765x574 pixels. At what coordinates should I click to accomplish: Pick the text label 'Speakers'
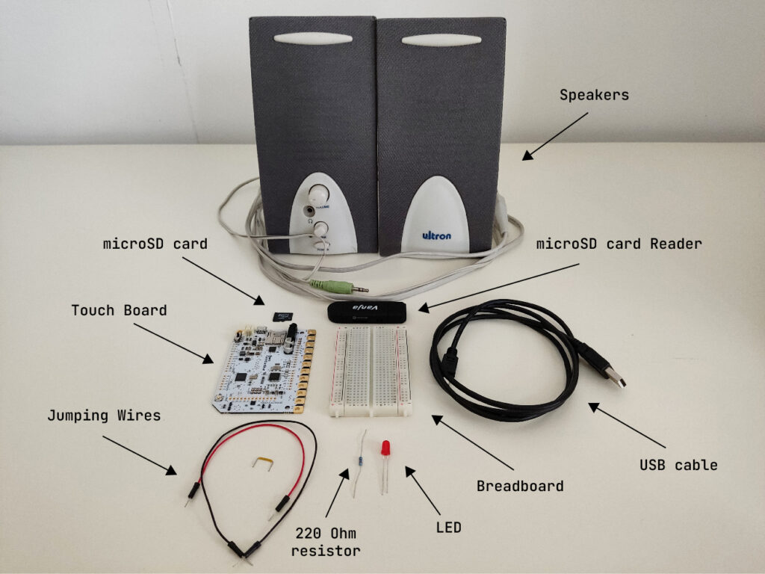pyautogui.click(x=594, y=96)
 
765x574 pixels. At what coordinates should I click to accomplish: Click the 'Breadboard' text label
pyautogui.click(x=519, y=486)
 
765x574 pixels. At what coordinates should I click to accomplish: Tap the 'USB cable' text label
pyautogui.click(x=678, y=465)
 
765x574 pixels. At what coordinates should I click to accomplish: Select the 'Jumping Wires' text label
pyautogui.click(x=104, y=415)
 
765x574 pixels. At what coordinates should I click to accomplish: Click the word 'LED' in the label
pyautogui.click(x=448, y=528)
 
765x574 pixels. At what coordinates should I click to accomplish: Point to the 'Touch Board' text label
pyautogui.click(x=119, y=309)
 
